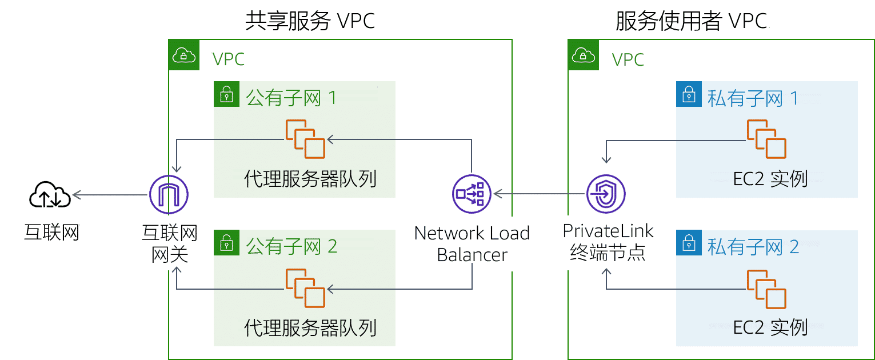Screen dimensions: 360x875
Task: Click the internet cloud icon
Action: pos(50,196)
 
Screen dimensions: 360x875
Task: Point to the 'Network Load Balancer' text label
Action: pos(472,244)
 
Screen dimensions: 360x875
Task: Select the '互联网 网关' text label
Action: pos(169,243)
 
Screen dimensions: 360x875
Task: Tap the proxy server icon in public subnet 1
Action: pos(305,139)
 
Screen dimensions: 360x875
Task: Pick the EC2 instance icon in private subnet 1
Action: pos(766,139)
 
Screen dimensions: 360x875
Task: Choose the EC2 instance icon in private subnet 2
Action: pos(766,289)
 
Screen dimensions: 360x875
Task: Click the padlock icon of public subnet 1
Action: pos(227,94)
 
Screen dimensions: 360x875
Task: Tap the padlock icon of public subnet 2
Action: pos(227,243)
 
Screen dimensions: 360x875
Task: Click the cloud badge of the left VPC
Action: pos(184,55)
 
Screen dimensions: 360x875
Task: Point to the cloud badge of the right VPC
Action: pos(583,55)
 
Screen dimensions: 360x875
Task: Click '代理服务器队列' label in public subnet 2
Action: pos(310,328)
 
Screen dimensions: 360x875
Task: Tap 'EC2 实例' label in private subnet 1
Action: pos(770,179)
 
